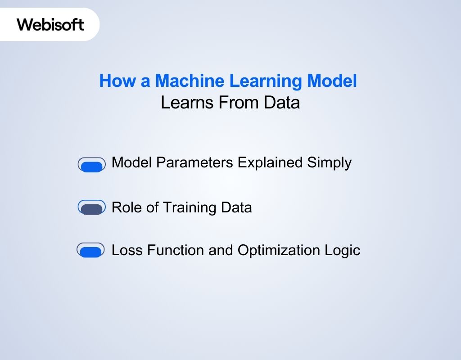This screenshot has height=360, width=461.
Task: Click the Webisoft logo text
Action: click(50, 24)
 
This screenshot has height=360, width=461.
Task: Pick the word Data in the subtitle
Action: click(281, 103)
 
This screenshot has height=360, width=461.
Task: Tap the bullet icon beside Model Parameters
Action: click(92, 165)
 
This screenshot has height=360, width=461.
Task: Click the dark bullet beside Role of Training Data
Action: click(92, 207)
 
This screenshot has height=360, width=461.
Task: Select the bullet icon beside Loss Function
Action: click(91, 250)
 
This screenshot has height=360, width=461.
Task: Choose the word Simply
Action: click(330, 163)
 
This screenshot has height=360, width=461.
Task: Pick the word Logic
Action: click(344, 251)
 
